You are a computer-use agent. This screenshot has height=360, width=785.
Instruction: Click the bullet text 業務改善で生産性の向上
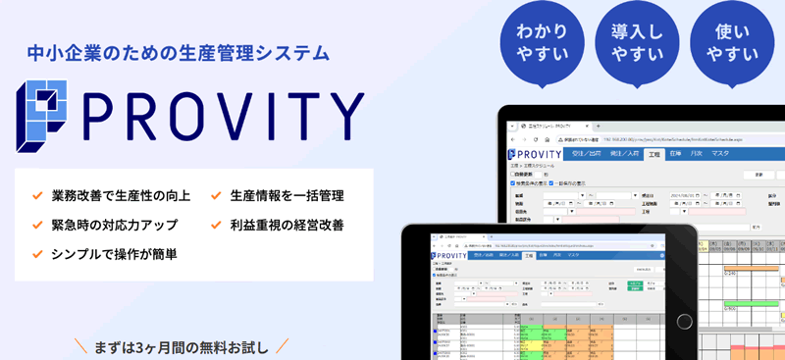(121, 195)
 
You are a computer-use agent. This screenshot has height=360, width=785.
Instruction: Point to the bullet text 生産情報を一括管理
(287, 195)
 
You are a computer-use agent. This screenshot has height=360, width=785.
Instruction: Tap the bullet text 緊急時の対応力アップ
(114, 225)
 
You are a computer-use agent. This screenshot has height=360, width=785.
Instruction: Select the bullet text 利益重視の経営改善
(287, 225)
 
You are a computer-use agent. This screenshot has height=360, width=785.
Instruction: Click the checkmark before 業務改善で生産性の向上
(37, 195)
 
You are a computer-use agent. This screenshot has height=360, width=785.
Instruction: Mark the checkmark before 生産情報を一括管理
(216, 195)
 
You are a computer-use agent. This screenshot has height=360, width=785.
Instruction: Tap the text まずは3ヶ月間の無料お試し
(182, 345)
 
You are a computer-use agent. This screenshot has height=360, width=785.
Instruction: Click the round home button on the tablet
(415, 294)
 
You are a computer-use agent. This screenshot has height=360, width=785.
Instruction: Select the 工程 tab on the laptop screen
(654, 154)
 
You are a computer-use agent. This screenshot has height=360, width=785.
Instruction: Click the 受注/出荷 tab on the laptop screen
(584, 154)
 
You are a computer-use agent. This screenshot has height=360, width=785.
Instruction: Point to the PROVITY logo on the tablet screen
(448, 256)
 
